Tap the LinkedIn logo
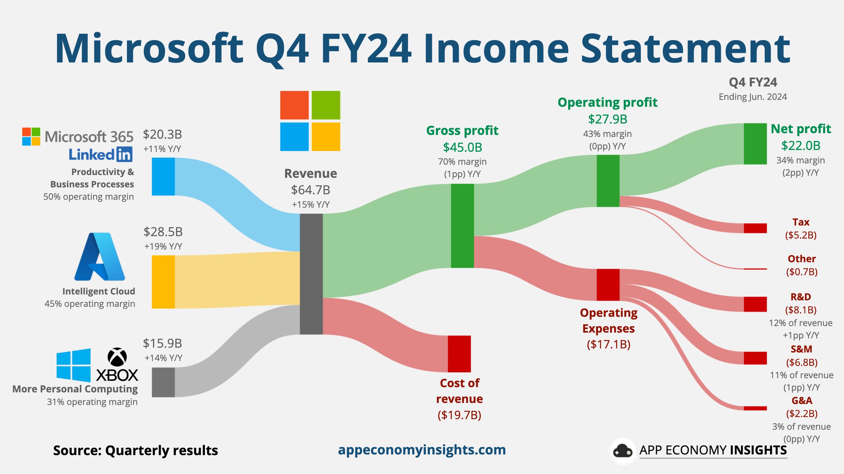click(101, 154)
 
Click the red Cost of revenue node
click(459, 354)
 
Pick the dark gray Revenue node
click(311, 274)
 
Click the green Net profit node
click(755, 143)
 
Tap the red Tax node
click(755, 228)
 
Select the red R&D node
click(755, 304)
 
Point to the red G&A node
click(755, 408)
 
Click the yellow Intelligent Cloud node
click(163, 281)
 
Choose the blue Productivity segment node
click(163, 176)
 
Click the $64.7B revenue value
click(310, 190)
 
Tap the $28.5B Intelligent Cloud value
click(163, 232)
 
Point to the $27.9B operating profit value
click(608, 119)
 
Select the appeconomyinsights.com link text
click(422, 450)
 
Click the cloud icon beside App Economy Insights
click(622, 451)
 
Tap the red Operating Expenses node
click(608, 285)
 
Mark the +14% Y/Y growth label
click(163, 358)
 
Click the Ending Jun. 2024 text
click(753, 97)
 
